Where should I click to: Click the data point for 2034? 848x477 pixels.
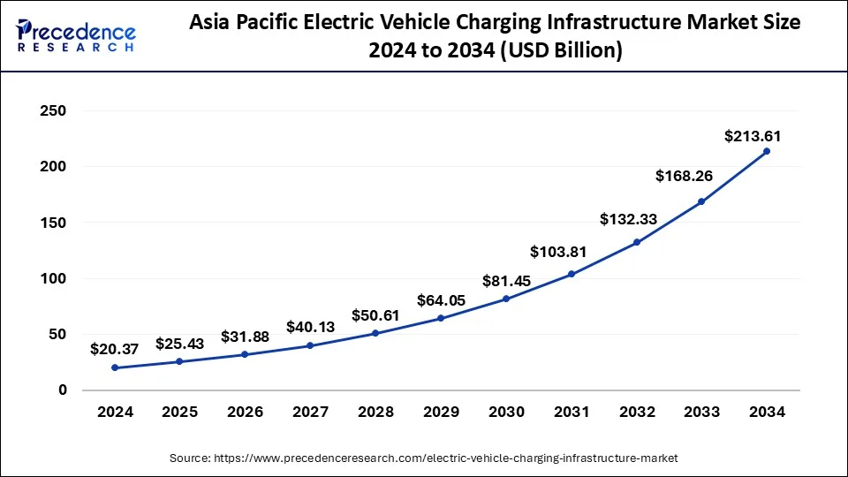[766, 151]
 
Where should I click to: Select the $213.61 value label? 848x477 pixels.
[753, 136]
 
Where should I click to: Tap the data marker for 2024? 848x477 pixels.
[115, 367]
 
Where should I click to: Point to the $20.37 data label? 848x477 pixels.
[115, 349]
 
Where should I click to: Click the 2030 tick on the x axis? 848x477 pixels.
[506, 412]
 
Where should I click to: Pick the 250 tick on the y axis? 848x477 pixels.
[54, 111]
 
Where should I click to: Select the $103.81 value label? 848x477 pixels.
[558, 252]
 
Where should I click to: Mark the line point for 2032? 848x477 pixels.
[636, 242]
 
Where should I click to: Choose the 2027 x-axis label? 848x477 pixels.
[310, 412]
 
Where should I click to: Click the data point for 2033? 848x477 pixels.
[701, 201]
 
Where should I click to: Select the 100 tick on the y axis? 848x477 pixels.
[54, 278]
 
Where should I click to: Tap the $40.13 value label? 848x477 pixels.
[310, 327]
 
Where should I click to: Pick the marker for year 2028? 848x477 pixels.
[375, 333]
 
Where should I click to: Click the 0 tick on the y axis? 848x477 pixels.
[62, 390]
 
